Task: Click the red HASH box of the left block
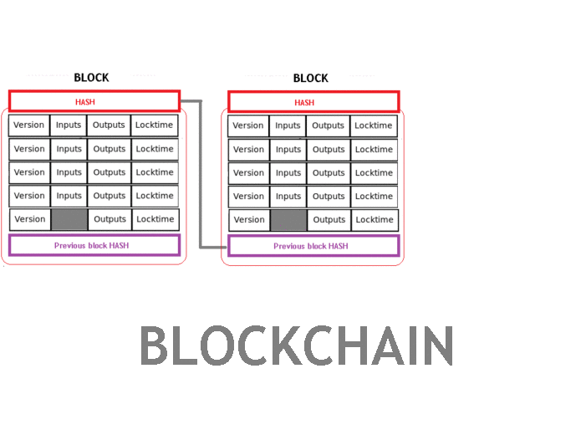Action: [x=94, y=101]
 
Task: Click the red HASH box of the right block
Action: [x=313, y=102]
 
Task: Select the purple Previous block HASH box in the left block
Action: [x=94, y=245]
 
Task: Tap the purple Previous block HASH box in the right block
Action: [x=313, y=246]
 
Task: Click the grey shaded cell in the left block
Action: [x=69, y=219]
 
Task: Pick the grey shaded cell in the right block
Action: [x=288, y=220]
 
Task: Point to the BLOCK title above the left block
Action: [x=91, y=78]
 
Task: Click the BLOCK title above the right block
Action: [x=310, y=78]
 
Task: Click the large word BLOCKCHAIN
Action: [x=296, y=346]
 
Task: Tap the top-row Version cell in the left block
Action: [x=29, y=125]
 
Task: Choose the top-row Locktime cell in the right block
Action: [x=374, y=125]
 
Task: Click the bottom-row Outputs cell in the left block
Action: [x=110, y=219]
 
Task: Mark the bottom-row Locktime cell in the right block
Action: [x=374, y=220]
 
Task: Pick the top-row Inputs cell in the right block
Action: [x=288, y=125]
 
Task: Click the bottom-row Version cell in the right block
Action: [x=249, y=220]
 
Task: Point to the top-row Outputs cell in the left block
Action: [x=110, y=125]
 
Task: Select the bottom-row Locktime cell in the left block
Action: [x=155, y=219]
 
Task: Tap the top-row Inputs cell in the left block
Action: [x=69, y=125]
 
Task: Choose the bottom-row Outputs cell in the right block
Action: [x=329, y=220]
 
